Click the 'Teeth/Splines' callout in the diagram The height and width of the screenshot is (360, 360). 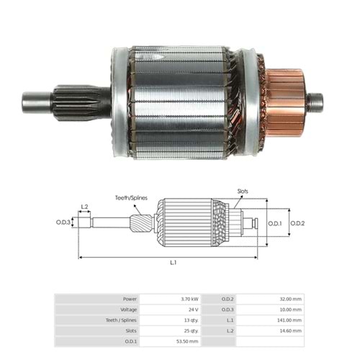point(131,197)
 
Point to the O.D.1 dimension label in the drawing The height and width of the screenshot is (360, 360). point(275,223)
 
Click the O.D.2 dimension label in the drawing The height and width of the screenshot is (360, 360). point(298,223)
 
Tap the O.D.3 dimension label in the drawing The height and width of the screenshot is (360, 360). point(63,222)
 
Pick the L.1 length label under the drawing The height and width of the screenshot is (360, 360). point(173,264)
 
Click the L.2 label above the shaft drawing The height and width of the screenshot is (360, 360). point(85,207)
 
